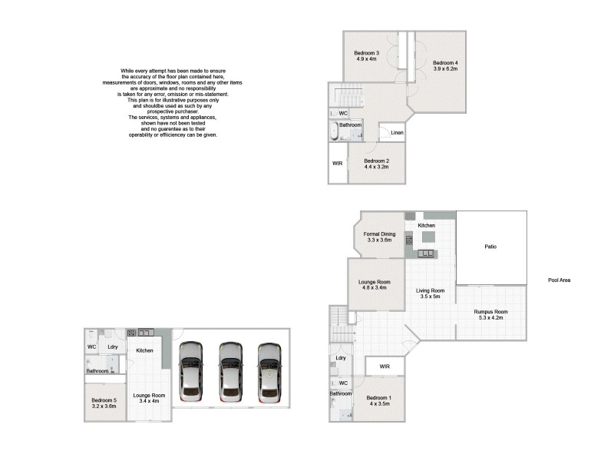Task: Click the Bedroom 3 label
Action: [x=368, y=52]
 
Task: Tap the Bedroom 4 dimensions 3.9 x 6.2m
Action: [x=444, y=69]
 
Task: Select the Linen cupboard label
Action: [x=397, y=133]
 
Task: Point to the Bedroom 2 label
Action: [x=376, y=161]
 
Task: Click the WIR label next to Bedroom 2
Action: [x=337, y=163]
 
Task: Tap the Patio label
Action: [x=490, y=247]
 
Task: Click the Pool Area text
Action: [x=559, y=280]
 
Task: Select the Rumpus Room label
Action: [x=490, y=311]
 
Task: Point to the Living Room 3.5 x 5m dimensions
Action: [x=431, y=297]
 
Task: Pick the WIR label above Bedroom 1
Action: [x=385, y=366]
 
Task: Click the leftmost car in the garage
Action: [x=191, y=371]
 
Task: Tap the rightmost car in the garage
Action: [x=269, y=371]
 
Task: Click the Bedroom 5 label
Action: [x=104, y=400]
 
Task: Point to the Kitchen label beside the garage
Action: [x=144, y=350]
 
